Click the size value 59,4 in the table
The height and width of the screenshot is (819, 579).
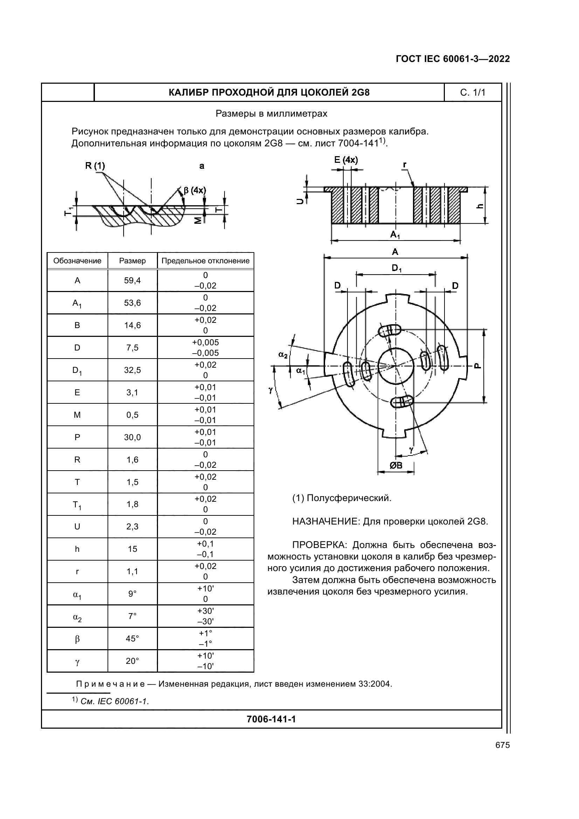132,280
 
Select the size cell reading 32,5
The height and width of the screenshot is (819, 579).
132,370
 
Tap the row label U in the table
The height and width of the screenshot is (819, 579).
77,527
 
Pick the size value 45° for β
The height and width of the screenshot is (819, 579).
132,639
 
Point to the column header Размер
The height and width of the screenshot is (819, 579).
132,261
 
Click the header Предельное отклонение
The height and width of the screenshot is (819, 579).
206,261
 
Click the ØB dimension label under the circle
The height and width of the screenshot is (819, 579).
395,465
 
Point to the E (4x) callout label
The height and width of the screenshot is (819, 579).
346,160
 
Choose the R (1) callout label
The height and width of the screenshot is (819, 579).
95,166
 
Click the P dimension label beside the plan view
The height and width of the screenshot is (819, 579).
477,366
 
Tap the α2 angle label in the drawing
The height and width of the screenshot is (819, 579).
283,355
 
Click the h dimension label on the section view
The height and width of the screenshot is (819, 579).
480,206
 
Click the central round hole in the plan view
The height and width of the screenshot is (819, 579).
395,366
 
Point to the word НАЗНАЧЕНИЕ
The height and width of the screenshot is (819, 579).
326,522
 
